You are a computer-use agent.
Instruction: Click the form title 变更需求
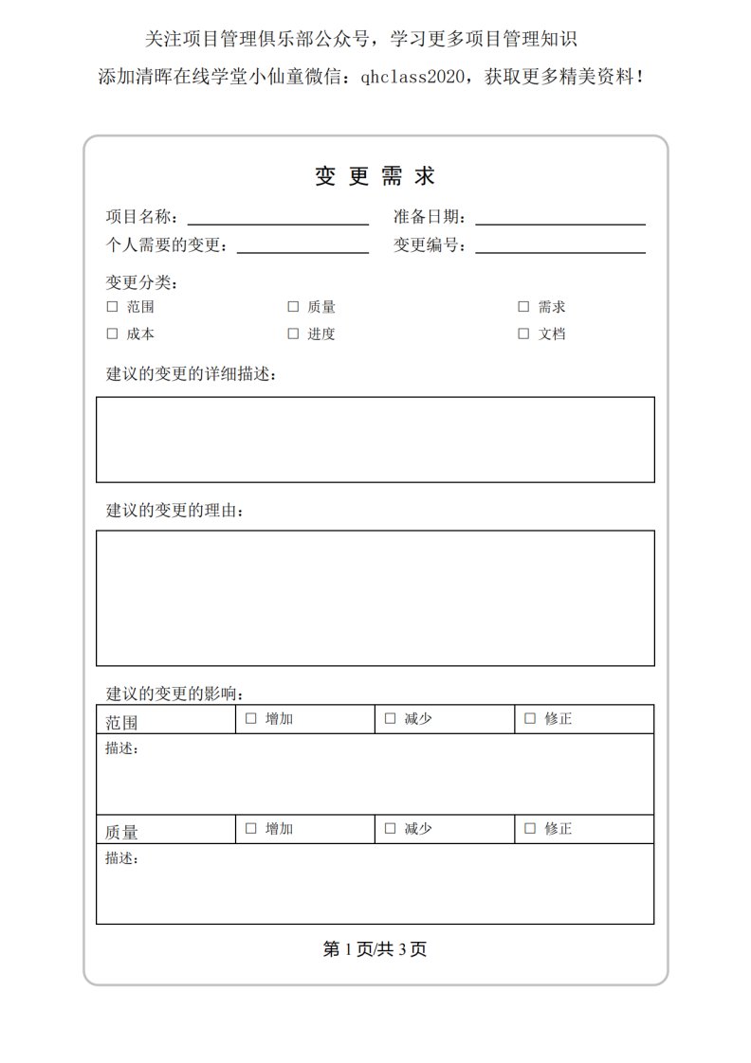[375, 176]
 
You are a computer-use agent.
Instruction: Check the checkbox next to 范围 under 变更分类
[112, 307]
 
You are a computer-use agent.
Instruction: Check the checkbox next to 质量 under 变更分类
[293, 307]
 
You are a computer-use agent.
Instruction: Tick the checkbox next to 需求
[523, 307]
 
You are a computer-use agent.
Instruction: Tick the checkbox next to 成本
[112, 333]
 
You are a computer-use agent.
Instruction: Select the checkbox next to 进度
[293, 333]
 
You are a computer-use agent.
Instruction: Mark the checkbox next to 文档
[523, 333]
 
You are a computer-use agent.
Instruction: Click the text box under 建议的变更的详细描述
[375, 440]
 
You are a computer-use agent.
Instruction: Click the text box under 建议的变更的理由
[375, 598]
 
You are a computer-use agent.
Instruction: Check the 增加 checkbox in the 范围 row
[251, 718]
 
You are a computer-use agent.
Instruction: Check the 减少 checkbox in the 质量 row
[390, 828]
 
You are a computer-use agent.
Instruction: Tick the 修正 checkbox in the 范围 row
[530, 718]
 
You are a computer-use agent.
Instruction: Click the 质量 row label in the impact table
[122, 832]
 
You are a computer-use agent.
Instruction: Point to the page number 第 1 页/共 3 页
[375, 949]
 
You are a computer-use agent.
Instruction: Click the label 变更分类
[142, 282]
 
